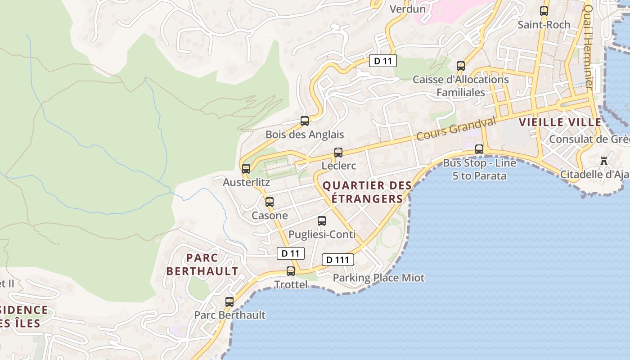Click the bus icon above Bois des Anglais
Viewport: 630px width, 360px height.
pyautogui.click(x=305, y=121)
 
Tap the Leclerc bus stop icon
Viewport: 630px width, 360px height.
pyautogui.click(x=338, y=153)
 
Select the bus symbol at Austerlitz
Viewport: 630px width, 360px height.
pyautogui.click(x=246, y=169)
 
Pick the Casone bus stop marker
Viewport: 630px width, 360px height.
pyautogui.click(x=270, y=202)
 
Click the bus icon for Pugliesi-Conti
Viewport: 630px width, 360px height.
pyautogui.click(x=322, y=221)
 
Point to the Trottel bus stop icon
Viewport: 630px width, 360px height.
pyautogui.click(x=291, y=271)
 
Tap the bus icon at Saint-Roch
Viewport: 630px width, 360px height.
pyautogui.click(x=544, y=11)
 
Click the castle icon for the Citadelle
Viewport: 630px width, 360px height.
pyautogui.click(x=604, y=161)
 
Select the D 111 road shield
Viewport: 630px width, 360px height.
pyautogui.click(x=337, y=260)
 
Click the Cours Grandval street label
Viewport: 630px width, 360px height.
pyautogui.click(x=456, y=128)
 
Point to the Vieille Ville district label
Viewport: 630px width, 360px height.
pyautogui.click(x=560, y=122)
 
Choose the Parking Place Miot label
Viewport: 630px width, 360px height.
pyautogui.click(x=378, y=278)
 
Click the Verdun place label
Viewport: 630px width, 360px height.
pyautogui.click(x=408, y=9)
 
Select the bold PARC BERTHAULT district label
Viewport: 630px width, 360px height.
pyautogui.click(x=202, y=265)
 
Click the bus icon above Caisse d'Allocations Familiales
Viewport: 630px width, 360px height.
pyautogui.click(x=461, y=66)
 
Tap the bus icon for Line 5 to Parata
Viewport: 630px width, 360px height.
pyautogui.click(x=479, y=149)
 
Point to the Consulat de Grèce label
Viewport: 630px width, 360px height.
pyautogui.click(x=589, y=139)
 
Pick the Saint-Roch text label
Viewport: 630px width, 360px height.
pyautogui.click(x=544, y=25)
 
